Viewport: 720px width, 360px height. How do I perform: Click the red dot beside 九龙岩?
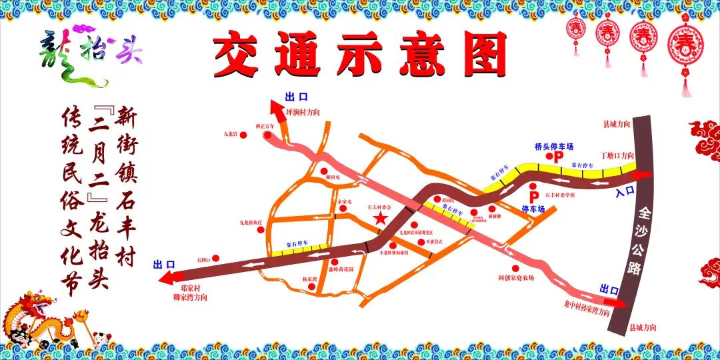(x=243, y=135)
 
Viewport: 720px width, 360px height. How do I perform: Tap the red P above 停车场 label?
(x=533, y=197)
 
